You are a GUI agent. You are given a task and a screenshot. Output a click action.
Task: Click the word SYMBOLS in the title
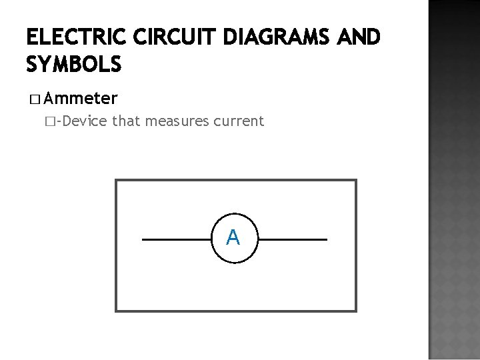click(x=74, y=65)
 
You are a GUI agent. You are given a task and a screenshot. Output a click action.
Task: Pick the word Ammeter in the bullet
click(x=83, y=99)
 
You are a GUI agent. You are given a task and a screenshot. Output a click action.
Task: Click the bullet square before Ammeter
click(x=35, y=100)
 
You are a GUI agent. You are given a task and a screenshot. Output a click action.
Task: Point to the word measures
click(x=177, y=122)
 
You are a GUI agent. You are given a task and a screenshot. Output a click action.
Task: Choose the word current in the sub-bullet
click(x=239, y=122)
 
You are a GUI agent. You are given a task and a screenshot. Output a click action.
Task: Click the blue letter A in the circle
click(x=233, y=237)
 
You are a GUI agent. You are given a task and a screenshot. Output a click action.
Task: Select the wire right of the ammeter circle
click(x=294, y=239)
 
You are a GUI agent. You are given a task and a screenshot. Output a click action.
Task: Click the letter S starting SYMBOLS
click(x=33, y=65)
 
